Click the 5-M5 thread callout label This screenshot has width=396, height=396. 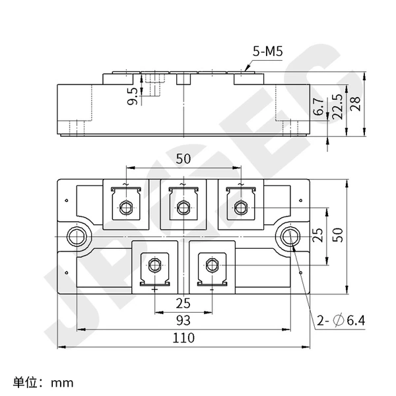268,51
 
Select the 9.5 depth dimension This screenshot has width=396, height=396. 133,96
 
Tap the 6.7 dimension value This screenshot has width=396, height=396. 319,106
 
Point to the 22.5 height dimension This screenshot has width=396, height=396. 337,106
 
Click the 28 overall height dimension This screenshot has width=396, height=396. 355,104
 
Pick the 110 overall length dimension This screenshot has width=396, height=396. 183,338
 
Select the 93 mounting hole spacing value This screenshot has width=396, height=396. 183,321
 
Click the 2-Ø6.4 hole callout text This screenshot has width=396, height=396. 341,321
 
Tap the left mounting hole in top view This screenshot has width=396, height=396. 77,237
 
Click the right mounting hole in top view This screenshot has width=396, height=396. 290,237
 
